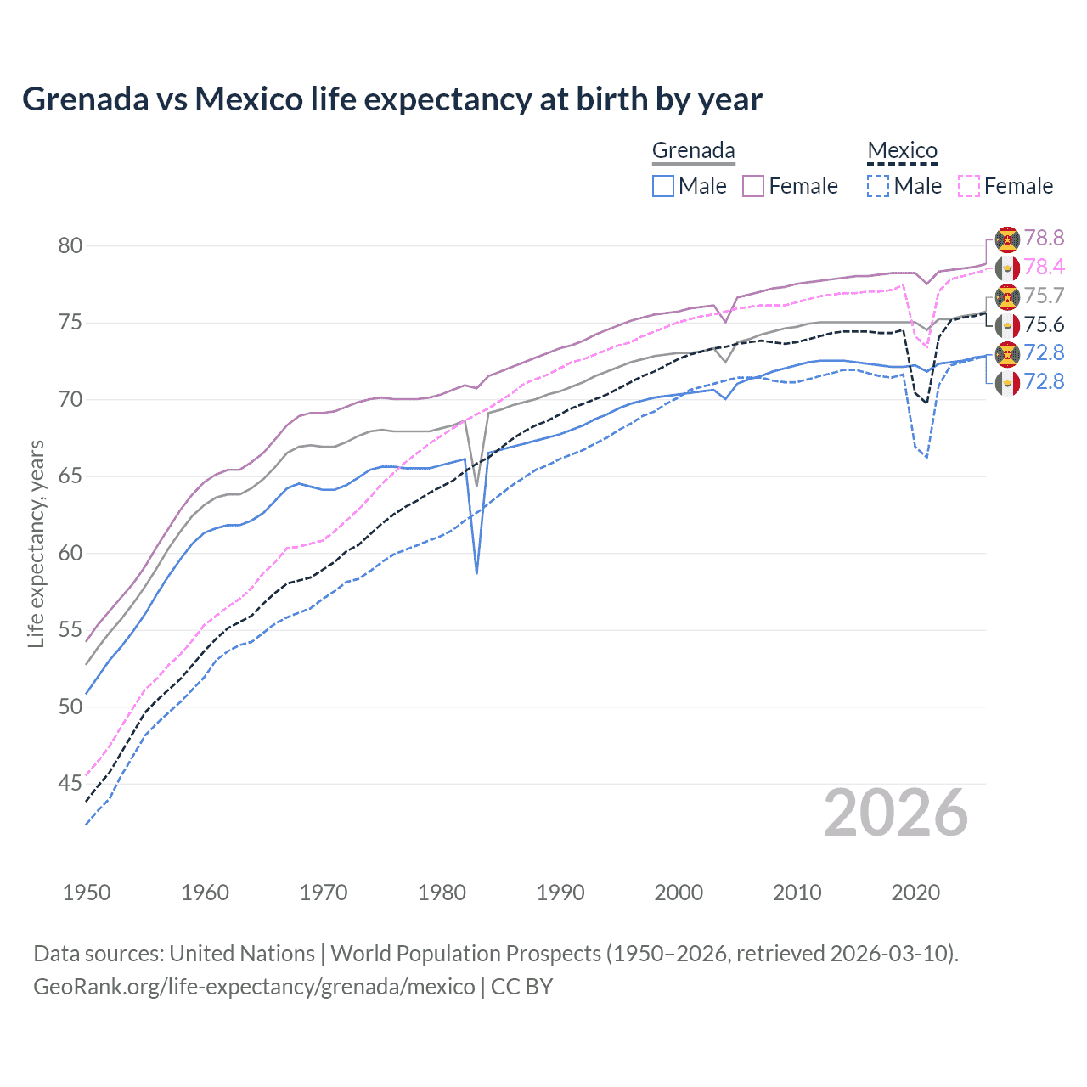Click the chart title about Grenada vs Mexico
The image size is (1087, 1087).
pyautogui.click(x=391, y=99)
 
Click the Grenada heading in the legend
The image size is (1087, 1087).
pyautogui.click(x=693, y=151)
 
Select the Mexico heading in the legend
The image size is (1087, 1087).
pyautogui.click(x=902, y=151)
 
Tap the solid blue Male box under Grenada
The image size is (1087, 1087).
pyautogui.click(x=663, y=186)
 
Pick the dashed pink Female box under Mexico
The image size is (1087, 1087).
pyautogui.click(x=969, y=186)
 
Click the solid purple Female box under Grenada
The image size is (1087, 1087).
pyautogui.click(x=753, y=186)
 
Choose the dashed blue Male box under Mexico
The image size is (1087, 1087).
pyautogui.click(x=878, y=186)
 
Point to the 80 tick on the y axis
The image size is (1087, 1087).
pyautogui.click(x=70, y=246)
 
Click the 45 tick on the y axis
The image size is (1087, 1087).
pyautogui.click(x=70, y=784)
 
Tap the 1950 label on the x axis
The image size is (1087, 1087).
pyautogui.click(x=87, y=893)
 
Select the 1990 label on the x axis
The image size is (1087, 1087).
pyautogui.click(x=560, y=893)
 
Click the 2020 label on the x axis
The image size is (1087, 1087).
pyautogui.click(x=915, y=893)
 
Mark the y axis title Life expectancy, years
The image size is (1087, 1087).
pyautogui.click(x=36, y=543)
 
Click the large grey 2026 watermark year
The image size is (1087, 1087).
pyautogui.click(x=895, y=814)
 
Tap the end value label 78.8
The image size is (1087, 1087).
pyautogui.click(x=1044, y=239)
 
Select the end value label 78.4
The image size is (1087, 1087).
pyautogui.click(x=1044, y=268)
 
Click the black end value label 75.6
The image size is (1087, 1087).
pyautogui.click(x=1044, y=325)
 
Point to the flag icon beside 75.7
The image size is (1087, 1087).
pyautogui.click(x=1007, y=296)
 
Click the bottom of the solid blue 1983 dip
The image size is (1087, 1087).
pyautogui.click(x=476, y=572)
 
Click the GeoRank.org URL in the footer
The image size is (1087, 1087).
pyautogui.click(x=254, y=987)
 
